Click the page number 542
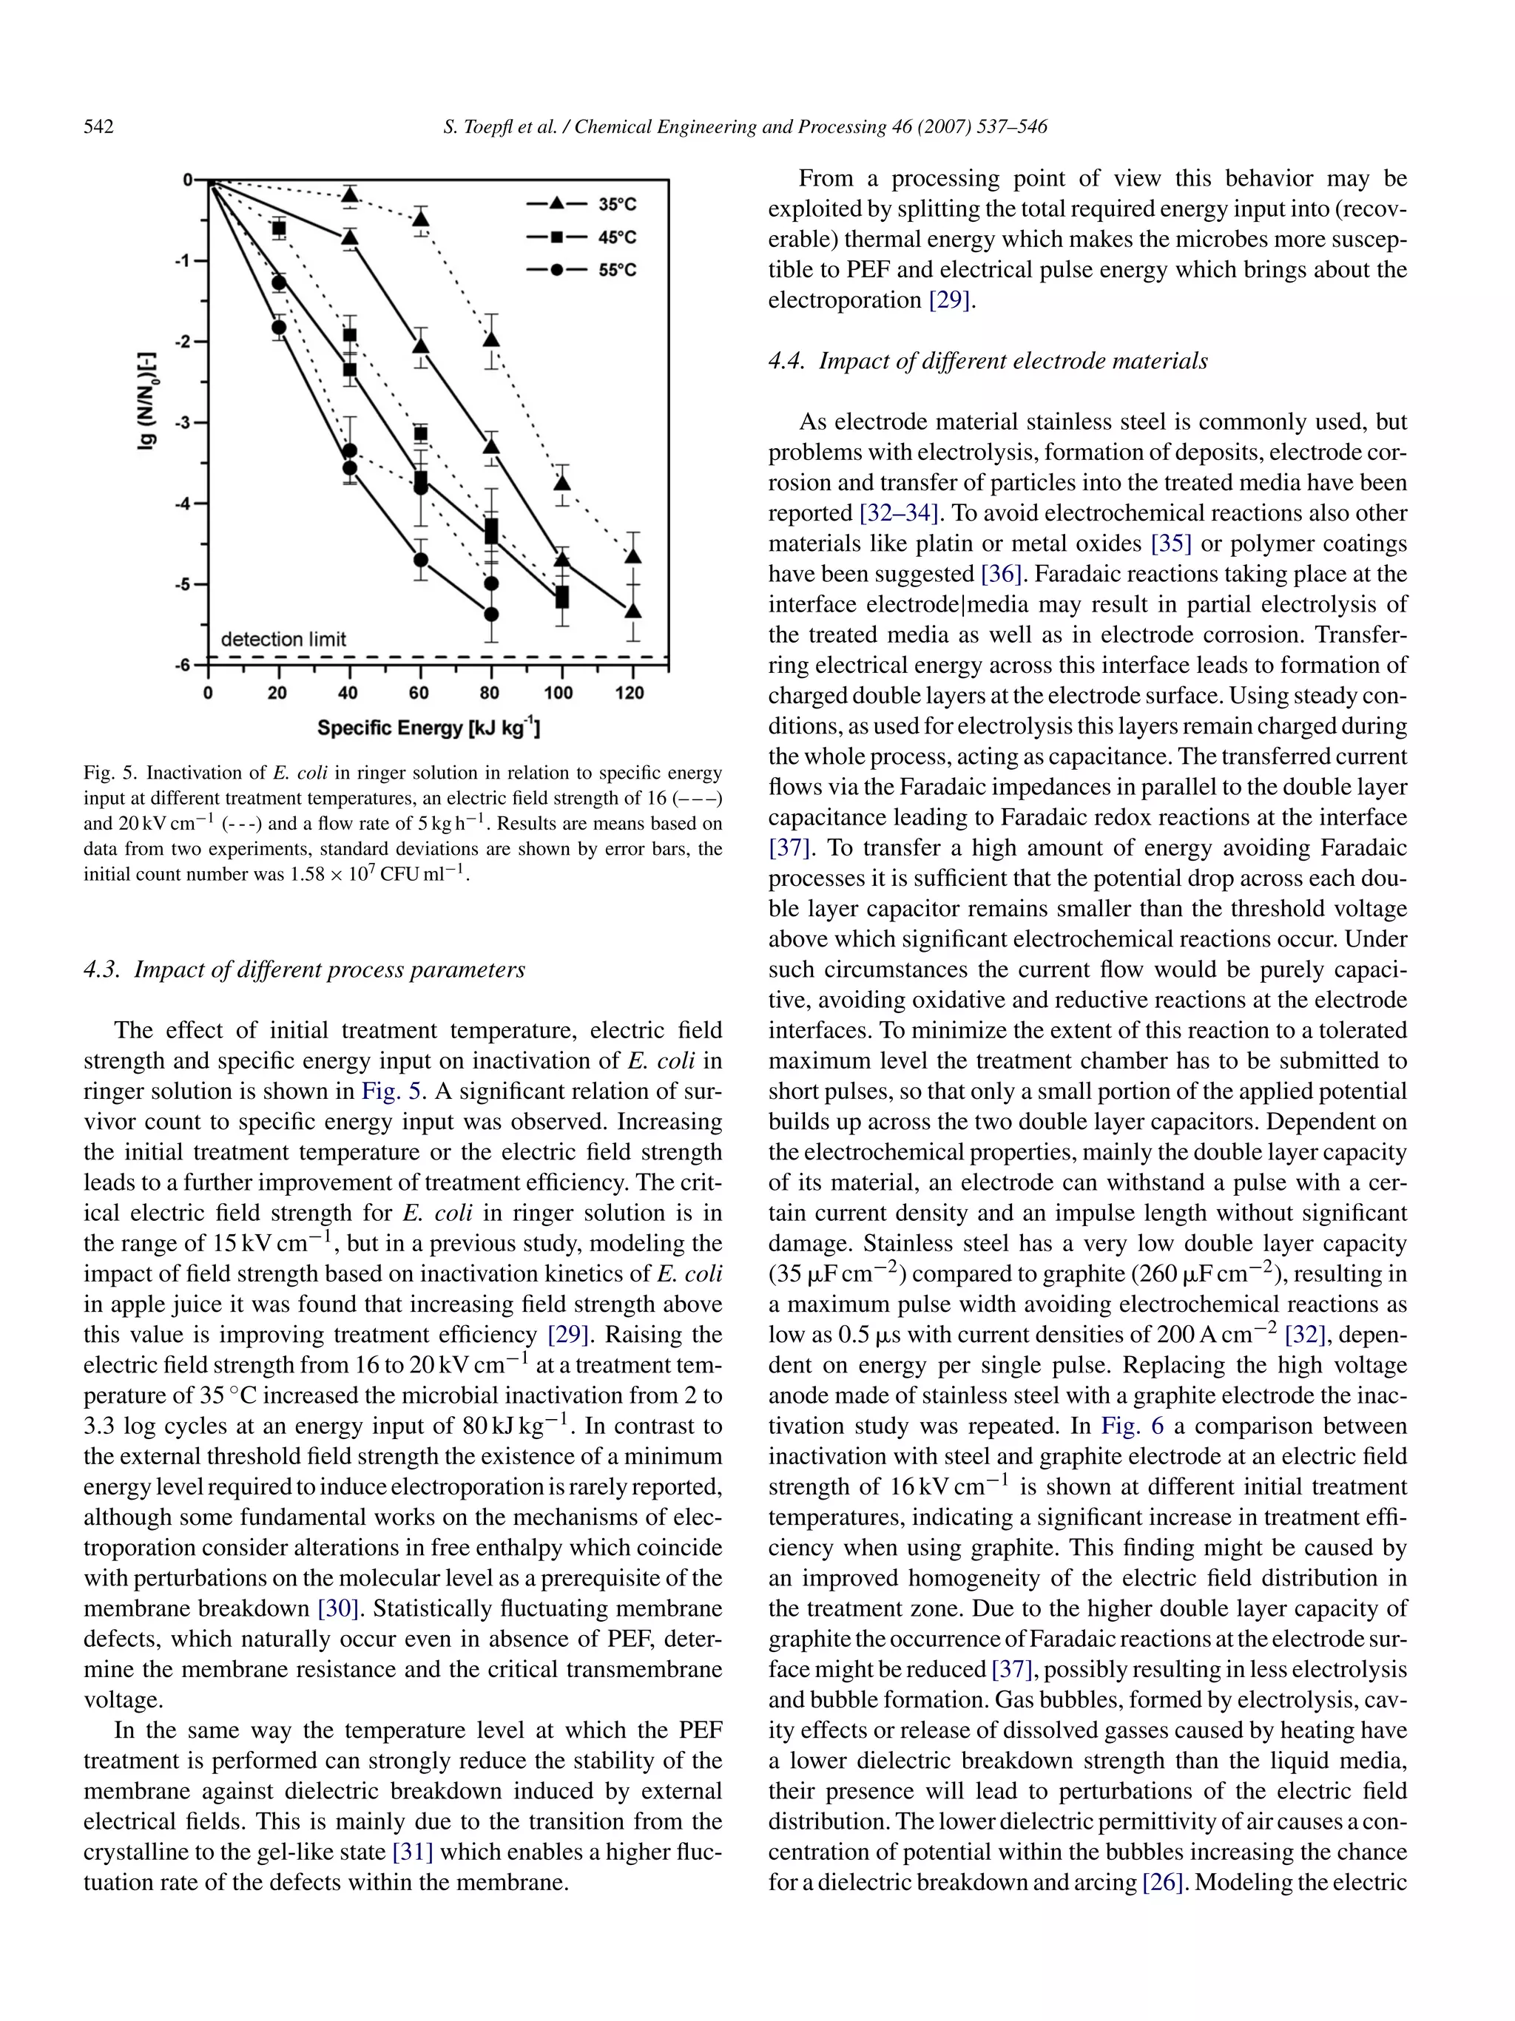pos(98,127)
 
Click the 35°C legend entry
pos(617,206)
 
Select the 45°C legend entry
pos(617,238)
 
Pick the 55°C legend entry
pos(617,271)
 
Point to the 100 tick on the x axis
pos(559,694)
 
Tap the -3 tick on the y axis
pos(185,423)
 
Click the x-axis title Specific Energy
pos(428,728)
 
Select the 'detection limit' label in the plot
pos(283,640)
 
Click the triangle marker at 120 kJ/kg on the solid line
pos(632,610)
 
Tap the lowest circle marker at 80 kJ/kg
pos(490,614)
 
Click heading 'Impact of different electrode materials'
pos(1013,362)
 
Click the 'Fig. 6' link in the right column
pos(1119,1426)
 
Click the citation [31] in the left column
pos(412,1852)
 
